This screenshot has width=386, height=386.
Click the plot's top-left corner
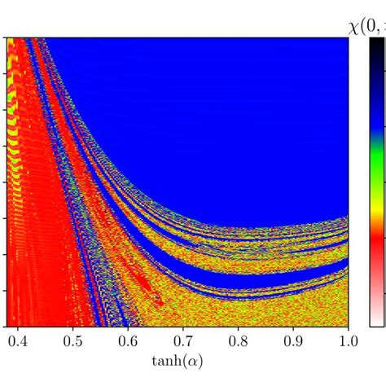7,38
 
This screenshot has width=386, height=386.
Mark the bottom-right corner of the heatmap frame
349,326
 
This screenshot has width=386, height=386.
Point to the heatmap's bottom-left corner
7,326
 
